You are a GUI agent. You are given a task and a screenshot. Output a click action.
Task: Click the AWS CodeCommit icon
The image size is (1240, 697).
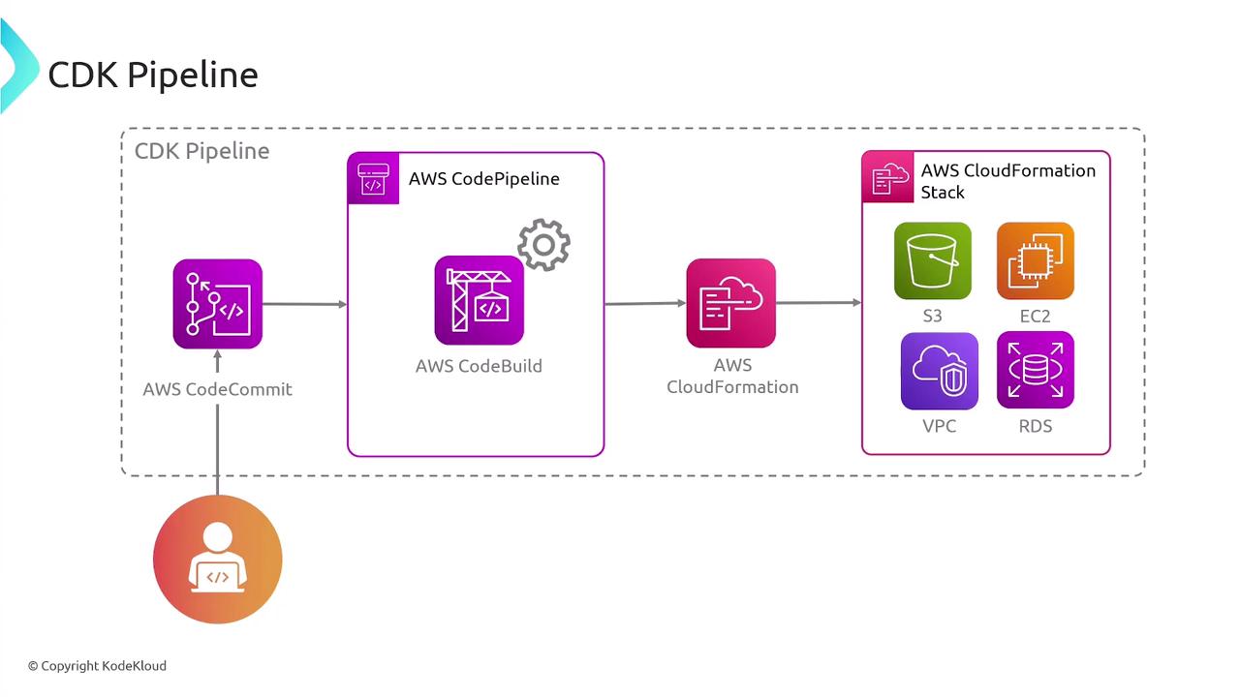click(217, 304)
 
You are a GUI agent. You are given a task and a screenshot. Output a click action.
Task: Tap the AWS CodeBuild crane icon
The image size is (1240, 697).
click(479, 300)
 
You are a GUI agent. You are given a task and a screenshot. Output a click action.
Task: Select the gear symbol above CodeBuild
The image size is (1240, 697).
click(543, 245)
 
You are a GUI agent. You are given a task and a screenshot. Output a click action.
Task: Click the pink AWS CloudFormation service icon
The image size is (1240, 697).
click(730, 303)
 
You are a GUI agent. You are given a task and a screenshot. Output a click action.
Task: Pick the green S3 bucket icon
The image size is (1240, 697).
click(932, 261)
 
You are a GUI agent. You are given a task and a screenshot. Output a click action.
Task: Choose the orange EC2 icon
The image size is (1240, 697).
click(1035, 261)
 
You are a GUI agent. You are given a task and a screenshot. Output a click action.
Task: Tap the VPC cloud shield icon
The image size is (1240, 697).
click(939, 372)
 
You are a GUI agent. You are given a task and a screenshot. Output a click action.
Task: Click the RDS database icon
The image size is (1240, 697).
click(1035, 371)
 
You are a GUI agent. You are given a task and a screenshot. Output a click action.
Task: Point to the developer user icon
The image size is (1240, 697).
click(217, 559)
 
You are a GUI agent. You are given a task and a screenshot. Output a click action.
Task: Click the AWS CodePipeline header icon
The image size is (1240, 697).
click(373, 179)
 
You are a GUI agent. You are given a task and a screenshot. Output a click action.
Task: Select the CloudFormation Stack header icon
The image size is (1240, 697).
click(887, 177)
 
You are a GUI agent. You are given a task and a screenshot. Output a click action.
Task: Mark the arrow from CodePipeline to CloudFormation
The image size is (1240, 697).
click(645, 303)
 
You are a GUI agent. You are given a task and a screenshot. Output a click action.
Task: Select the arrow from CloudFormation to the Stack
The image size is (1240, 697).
click(819, 303)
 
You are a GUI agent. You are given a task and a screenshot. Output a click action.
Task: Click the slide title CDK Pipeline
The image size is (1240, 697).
click(153, 75)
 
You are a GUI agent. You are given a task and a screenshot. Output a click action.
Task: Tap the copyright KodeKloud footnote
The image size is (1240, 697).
click(97, 666)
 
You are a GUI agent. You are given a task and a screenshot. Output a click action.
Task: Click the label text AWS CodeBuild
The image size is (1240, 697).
click(479, 366)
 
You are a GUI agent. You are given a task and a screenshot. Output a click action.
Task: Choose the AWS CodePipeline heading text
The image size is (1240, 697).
click(483, 179)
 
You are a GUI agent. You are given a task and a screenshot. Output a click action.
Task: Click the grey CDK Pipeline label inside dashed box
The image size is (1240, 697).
click(201, 151)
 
